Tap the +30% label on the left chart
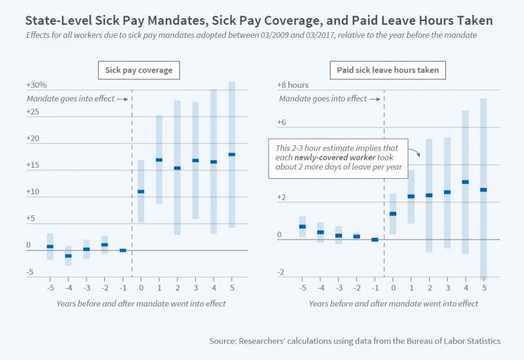tap(37, 85)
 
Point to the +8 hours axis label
tap(293, 85)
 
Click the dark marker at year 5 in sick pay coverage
tap(232, 154)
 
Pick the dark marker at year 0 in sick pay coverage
tap(141, 191)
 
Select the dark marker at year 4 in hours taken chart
tap(465, 182)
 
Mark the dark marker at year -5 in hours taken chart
tap(303, 226)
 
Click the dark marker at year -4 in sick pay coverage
tap(68, 255)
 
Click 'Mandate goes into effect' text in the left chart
tap(69, 99)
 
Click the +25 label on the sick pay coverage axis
tap(33, 112)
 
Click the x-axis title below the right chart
tap(394, 304)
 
